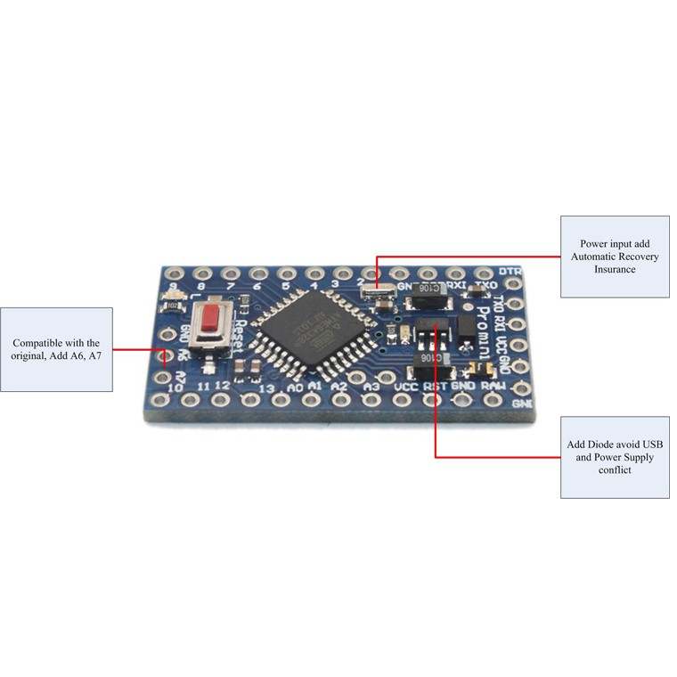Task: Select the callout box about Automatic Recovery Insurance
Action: [615, 257]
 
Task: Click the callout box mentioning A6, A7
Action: [56, 349]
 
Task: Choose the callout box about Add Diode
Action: [615, 457]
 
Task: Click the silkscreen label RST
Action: [435, 387]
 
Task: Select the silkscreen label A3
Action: [372, 387]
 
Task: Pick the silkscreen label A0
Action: [295, 388]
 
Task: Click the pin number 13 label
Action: [265, 388]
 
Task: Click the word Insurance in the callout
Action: [615, 269]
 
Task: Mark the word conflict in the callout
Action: [615, 469]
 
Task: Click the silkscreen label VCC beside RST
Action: [405, 387]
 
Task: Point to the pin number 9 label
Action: [172, 285]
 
